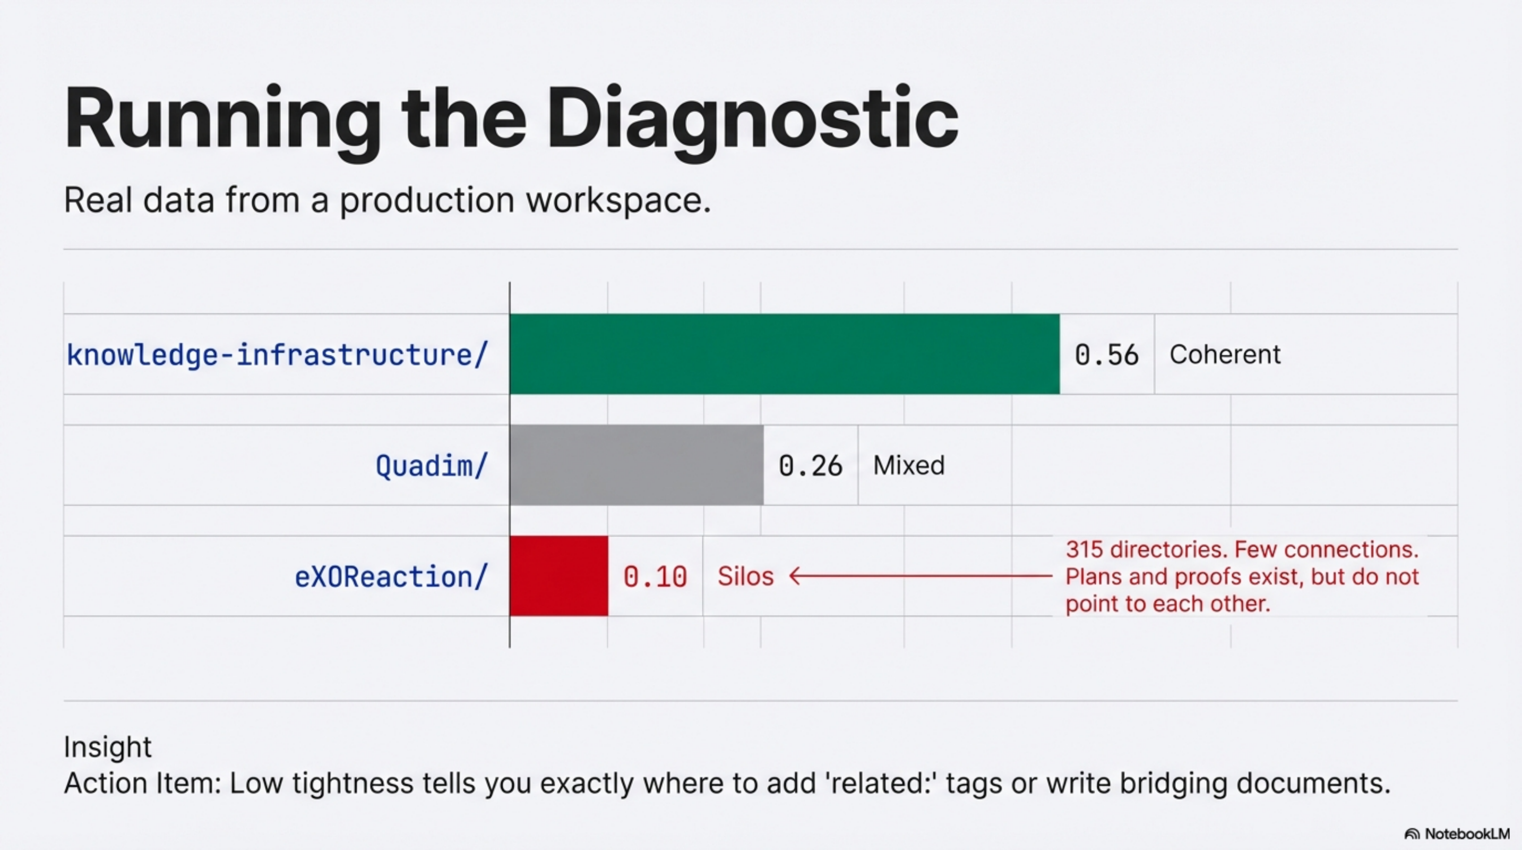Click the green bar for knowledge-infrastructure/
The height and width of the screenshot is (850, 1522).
point(784,353)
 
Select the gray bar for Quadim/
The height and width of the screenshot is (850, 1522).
point(637,465)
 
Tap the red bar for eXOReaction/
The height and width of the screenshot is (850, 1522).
point(558,576)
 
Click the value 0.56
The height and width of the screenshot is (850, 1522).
point(1106,355)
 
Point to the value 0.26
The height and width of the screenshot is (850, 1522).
point(810,466)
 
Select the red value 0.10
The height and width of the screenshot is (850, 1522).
point(655,577)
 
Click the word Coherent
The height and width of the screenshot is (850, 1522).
point(1225,355)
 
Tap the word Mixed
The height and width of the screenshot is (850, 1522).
point(909,465)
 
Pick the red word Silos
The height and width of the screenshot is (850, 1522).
point(745,576)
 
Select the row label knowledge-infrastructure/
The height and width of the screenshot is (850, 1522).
point(277,355)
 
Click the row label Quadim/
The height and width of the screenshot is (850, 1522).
point(432,466)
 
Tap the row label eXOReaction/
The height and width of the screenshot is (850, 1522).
point(391,577)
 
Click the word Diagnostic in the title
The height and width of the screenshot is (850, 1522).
point(752,118)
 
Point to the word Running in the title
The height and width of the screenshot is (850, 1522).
point(222,118)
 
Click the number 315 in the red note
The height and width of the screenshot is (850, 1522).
point(1084,550)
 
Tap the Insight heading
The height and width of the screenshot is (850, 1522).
point(108,746)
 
